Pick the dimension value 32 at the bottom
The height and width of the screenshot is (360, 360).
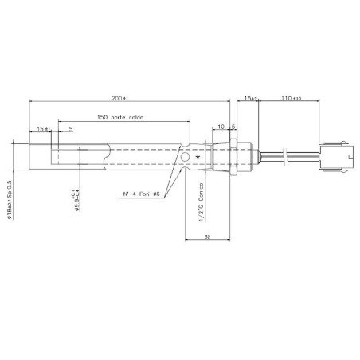pyautogui.click(x=206, y=237)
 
